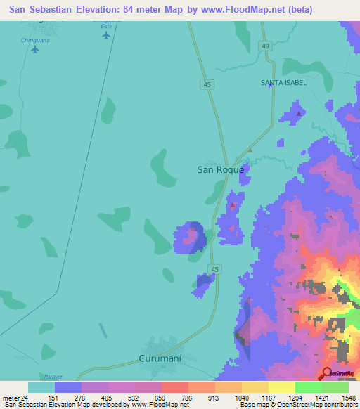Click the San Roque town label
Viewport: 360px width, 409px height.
point(220,169)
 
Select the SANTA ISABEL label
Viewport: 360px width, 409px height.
point(283,83)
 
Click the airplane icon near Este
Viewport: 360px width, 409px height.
point(106,36)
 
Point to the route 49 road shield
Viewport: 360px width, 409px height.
point(264,46)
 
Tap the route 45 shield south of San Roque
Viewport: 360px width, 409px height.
point(215,269)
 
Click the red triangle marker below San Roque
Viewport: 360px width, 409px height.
point(232,205)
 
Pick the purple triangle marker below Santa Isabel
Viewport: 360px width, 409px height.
point(299,113)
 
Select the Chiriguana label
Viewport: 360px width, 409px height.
point(34,40)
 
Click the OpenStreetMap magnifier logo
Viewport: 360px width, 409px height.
point(328,374)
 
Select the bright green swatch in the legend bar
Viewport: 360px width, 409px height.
point(308,387)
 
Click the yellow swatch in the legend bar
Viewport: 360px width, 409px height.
point(281,387)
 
